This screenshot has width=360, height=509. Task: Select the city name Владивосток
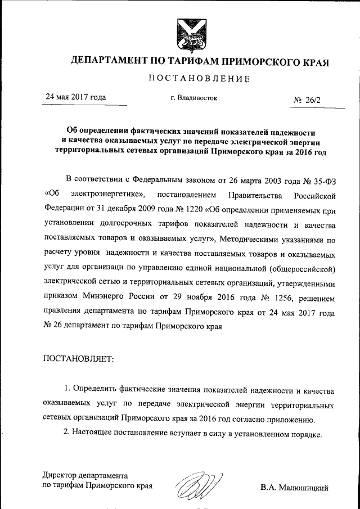(197, 98)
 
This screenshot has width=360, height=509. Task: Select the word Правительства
(244, 195)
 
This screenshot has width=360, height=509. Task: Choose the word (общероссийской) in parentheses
(303, 269)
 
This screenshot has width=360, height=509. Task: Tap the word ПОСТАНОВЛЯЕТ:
(78, 358)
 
